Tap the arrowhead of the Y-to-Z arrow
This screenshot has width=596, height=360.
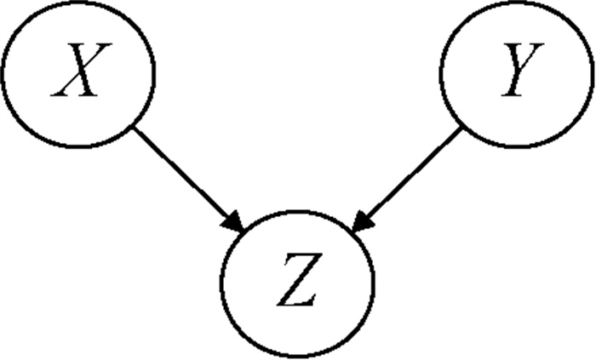(358, 224)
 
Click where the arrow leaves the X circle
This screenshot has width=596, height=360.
(132, 129)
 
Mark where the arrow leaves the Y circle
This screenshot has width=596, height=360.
(462, 129)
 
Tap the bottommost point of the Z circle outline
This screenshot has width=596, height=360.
(297, 358)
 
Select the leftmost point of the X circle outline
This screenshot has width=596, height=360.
(3, 75)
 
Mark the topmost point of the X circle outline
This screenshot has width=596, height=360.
(77, 2)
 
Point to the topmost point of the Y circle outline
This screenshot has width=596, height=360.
(518, 2)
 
